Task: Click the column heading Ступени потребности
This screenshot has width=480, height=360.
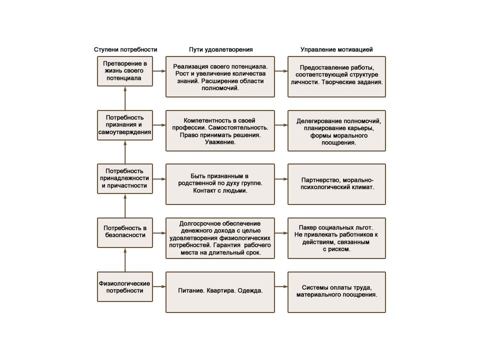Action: (x=125, y=49)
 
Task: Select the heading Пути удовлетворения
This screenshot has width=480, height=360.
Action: (x=220, y=49)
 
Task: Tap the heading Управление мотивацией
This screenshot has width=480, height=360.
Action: (x=336, y=49)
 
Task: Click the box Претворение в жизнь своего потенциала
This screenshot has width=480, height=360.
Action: (x=125, y=71)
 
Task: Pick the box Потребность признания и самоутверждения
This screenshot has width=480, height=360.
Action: (x=125, y=125)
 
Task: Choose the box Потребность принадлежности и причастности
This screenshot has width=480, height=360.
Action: (x=125, y=179)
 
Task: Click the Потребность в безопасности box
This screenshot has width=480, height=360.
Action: (x=125, y=232)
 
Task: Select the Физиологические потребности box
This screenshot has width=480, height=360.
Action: (x=125, y=287)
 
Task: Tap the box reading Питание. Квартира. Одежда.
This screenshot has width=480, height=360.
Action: (x=220, y=292)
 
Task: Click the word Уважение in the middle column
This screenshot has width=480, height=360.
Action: (x=220, y=142)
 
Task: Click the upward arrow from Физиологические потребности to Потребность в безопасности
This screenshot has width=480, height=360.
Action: (x=125, y=259)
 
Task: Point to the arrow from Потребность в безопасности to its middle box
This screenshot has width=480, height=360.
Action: (x=159, y=233)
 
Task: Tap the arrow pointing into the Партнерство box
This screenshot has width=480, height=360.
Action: (x=281, y=179)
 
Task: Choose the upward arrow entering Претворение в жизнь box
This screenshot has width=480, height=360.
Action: (x=125, y=98)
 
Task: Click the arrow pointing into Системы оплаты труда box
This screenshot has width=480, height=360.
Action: (x=281, y=287)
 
